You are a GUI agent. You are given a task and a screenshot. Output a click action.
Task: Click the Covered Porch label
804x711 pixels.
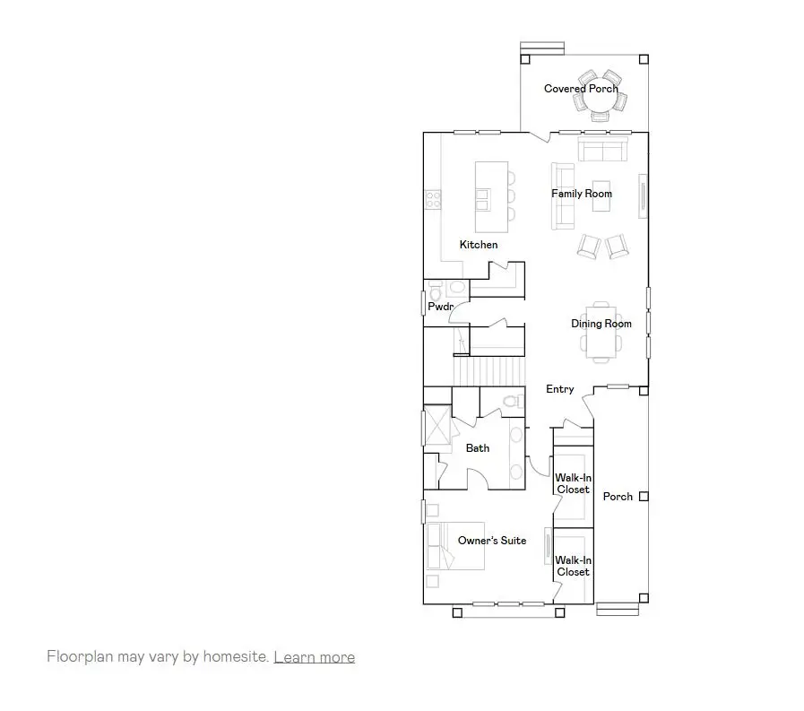(x=580, y=88)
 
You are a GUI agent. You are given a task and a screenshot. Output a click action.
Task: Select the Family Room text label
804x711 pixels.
(x=582, y=194)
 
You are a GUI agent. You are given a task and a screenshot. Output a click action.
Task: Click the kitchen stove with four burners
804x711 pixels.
(x=433, y=197)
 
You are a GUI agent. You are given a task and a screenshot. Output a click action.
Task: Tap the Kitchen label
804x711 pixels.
(x=479, y=245)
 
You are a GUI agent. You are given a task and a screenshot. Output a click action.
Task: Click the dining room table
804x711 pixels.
(x=601, y=331)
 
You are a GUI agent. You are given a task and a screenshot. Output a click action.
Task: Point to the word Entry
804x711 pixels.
(x=560, y=389)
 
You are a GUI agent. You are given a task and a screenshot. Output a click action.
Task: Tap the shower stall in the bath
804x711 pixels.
(x=437, y=424)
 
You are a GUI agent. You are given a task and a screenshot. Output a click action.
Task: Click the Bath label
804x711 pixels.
(x=478, y=447)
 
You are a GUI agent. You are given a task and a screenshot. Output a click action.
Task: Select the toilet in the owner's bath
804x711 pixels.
(x=512, y=402)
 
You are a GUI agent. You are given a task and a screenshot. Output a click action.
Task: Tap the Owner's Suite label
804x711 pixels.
(x=492, y=541)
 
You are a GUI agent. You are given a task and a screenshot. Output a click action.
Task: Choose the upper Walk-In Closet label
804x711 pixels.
(x=573, y=483)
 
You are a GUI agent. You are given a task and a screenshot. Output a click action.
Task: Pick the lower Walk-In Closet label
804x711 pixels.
(x=573, y=566)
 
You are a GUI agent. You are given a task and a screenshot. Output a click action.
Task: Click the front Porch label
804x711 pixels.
(x=618, y=497)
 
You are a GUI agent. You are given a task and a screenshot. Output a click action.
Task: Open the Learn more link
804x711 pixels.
(x=314, y=657)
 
